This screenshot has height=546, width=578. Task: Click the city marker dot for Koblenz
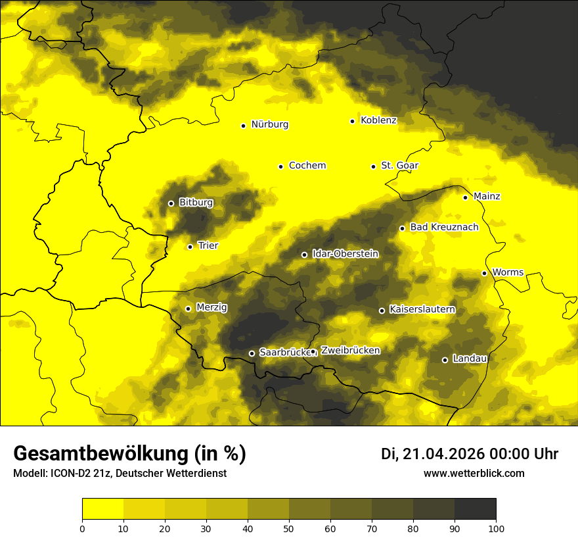353,121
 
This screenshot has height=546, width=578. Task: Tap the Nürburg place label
269,124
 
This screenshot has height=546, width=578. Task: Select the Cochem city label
307,166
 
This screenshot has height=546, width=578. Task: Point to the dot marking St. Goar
373,166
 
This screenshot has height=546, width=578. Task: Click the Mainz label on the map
487,196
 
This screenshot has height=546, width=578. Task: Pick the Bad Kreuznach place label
444,227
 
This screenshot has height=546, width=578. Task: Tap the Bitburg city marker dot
171,203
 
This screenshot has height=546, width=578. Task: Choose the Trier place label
208,245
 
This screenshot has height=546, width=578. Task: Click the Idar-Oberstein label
345,253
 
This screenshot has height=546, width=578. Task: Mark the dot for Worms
484,273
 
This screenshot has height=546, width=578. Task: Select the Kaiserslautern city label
422,309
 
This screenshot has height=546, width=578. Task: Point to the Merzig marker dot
188,309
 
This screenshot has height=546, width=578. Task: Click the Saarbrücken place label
284,353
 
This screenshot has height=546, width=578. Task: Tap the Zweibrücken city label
351,351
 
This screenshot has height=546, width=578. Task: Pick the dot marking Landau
445,360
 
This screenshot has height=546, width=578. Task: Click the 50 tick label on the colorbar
289,528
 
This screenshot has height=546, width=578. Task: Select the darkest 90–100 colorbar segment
475,509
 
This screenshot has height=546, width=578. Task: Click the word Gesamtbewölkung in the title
99,454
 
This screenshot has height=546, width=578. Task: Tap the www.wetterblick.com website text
474,474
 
